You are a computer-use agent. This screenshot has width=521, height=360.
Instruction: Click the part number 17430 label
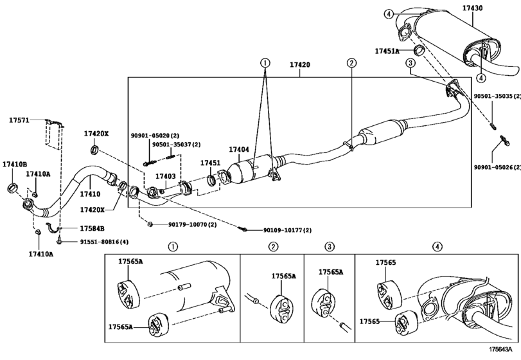473,8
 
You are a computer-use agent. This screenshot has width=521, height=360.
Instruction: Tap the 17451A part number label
387,51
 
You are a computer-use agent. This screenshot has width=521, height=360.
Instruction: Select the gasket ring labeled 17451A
419,50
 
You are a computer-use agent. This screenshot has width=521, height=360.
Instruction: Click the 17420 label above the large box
300,64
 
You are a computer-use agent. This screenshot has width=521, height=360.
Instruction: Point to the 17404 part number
238,150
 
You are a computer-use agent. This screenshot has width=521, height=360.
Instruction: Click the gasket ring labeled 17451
211,181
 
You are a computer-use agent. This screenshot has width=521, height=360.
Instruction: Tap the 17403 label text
166,176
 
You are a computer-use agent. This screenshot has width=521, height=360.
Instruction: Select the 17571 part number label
19,120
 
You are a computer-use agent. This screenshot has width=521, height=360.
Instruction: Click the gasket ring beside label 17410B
12,188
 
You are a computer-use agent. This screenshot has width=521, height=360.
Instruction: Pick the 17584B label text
92,228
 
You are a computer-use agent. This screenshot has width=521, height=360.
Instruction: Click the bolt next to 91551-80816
60,240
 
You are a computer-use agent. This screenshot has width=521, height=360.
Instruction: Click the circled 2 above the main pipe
351,62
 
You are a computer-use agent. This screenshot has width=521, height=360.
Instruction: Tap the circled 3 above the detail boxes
330,247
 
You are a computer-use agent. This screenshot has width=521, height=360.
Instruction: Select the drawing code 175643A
500,349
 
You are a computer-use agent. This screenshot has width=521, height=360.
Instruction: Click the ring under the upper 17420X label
94,150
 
